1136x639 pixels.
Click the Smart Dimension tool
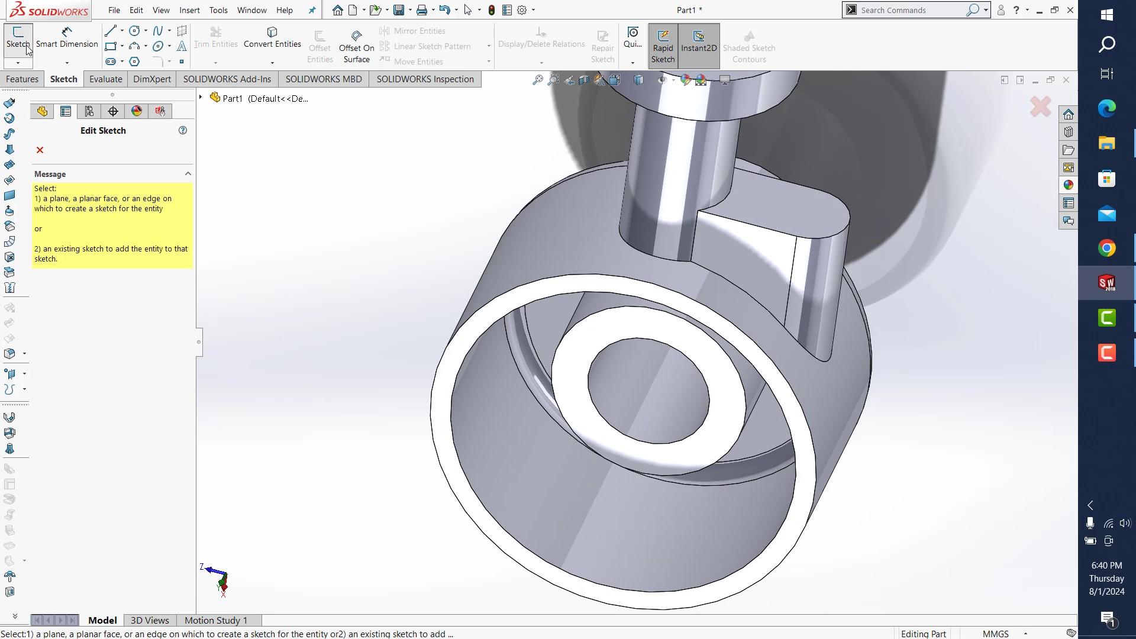[67, 37]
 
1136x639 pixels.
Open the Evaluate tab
[105, 79]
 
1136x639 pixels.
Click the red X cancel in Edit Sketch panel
[40, 150]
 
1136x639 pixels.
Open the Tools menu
[218, 10]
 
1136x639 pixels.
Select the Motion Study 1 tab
[215, 620]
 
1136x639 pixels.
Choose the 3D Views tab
[150, 620]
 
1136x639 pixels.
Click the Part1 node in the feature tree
[233, 99]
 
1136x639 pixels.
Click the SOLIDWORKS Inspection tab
[425, 79]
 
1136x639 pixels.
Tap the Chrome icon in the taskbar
[1106, 248]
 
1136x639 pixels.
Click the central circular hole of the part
[648, 390]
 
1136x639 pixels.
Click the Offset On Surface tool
[356, 46]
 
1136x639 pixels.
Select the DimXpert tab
[152, 79]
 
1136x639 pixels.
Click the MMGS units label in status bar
[995, 634]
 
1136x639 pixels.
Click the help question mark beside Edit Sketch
[183, 130]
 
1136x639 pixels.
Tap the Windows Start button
[1106, 14]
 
